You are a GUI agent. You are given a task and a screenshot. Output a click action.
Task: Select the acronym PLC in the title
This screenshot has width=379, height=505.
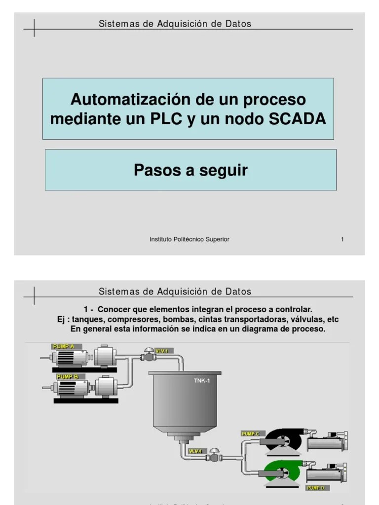coord(168,119)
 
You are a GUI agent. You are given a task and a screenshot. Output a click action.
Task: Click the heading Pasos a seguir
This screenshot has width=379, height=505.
coord(190,170)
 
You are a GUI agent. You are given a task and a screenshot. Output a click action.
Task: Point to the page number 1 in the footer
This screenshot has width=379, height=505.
coord(342,239)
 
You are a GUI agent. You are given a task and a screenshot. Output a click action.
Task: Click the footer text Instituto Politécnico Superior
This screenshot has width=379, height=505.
coord(189,239)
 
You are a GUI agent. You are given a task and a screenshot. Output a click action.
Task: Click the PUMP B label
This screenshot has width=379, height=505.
coord(68,377)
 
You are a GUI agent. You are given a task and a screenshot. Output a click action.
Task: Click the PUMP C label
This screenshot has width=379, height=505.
coord(250,433)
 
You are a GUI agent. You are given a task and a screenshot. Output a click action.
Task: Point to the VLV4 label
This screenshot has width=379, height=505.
coord(196,451)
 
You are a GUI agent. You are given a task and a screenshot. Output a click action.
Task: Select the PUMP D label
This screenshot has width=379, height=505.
coord(315,488)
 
